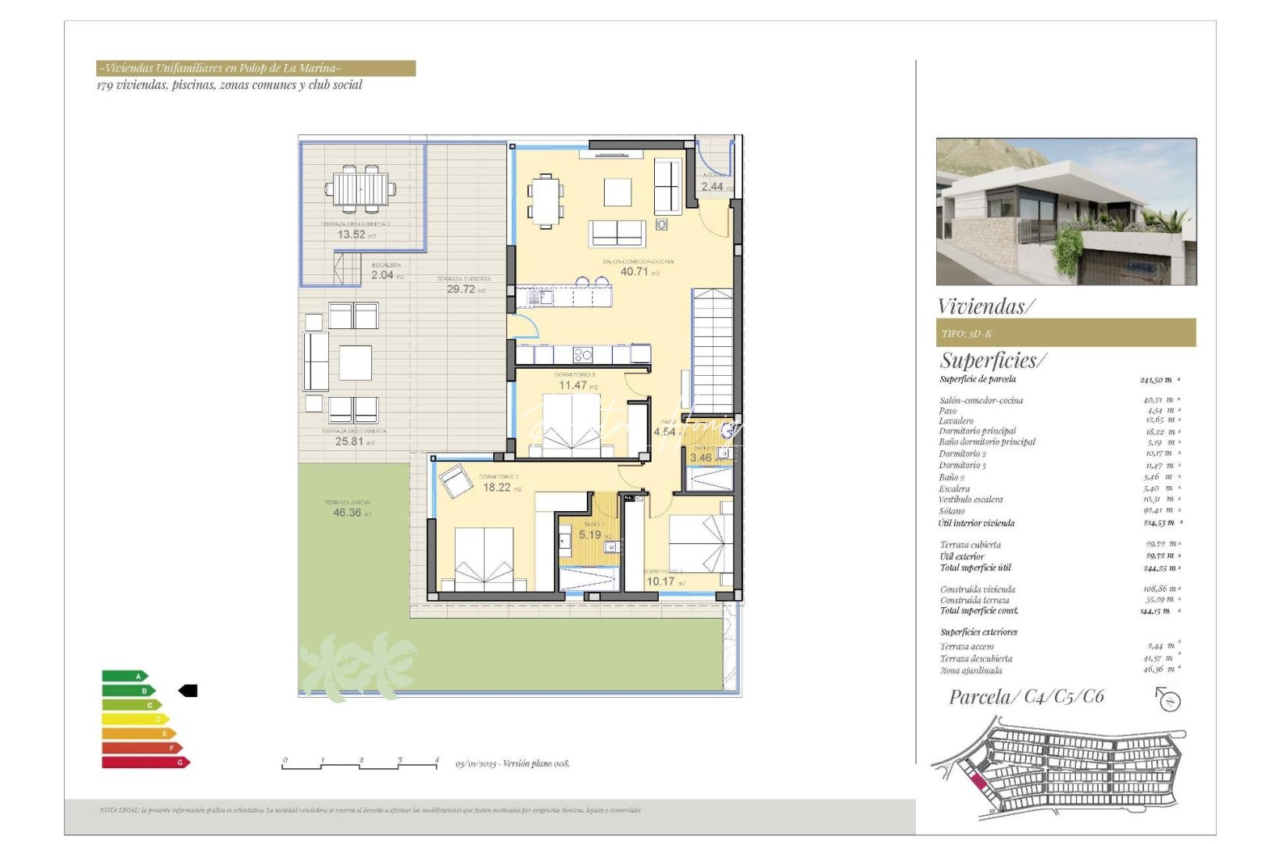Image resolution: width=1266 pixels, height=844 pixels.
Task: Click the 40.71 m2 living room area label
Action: [635, 272]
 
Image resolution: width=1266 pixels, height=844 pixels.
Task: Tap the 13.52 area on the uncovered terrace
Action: [352, 234]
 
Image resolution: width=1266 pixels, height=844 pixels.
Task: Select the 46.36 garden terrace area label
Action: [348, 513]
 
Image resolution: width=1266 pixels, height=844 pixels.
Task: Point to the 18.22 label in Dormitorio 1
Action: [497, 488]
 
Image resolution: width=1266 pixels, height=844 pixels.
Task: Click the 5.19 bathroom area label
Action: [590, 535]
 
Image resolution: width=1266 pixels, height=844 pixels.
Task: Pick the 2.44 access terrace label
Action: [713, 187]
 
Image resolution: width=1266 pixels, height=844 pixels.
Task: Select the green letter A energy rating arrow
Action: [124, 676]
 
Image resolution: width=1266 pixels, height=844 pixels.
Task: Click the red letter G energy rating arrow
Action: [145, 763]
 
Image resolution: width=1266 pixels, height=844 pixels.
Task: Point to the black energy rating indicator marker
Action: [188, 691]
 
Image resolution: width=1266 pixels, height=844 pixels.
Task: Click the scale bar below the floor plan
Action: [359, 765]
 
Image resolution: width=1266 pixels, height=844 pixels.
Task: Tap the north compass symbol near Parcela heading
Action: [1168, 699]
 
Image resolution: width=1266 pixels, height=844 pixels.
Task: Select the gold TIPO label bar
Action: [1065, 333]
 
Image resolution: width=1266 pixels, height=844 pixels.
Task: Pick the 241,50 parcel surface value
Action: [1157, 380]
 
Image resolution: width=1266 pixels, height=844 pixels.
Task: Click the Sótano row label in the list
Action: [952, 511]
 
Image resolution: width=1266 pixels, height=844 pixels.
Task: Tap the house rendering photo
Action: [1066, 212]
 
